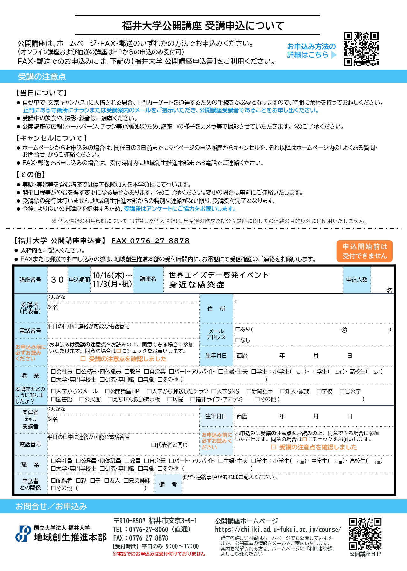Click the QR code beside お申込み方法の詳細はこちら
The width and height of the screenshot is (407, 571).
point(361,48)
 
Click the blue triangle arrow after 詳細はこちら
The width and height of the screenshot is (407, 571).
point(334,55)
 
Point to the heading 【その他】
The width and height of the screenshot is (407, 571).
point(31,174)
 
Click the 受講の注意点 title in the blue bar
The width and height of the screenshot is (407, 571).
point(42,77)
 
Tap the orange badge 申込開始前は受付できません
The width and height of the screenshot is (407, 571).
point(364,251)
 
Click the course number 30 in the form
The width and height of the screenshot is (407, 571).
point(57,280)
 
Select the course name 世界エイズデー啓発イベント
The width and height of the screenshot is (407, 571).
point(219,275)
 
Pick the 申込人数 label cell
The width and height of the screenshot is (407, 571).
point(357,280)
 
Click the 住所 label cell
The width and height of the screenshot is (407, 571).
point(216,309)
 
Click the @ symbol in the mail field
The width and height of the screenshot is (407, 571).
point(344,330)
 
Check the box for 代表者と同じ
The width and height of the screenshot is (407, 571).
point(153,445)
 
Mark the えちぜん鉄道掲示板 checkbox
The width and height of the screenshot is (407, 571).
point(110,399)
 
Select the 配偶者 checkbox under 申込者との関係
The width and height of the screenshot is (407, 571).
point(54,481)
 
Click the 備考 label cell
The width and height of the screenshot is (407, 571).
point(168,484)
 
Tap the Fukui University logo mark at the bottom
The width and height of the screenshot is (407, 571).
point(23,533)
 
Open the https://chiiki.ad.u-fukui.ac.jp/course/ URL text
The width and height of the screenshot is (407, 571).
point(278,530)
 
